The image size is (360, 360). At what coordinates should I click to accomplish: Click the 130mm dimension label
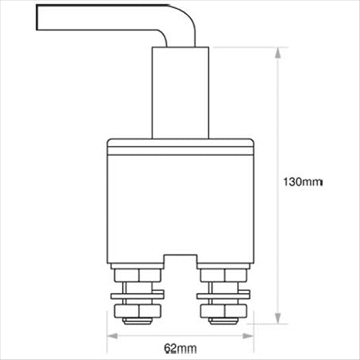[300, 183]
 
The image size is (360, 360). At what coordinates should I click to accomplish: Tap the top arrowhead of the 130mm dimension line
[277, 52]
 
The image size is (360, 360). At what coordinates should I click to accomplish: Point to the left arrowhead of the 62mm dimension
[111, 335]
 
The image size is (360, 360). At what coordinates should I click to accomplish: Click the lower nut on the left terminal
[138, 311]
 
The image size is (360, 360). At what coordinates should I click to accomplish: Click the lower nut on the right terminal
[223, 311]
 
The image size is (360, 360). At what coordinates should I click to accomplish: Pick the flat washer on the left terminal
[138, 294]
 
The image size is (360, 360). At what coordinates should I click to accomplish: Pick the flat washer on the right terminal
[223, 294]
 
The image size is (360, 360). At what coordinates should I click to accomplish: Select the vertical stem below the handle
[180, 93]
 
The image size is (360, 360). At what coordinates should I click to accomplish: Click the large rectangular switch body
[180, 205]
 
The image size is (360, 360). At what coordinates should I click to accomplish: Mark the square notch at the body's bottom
[180, 260]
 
